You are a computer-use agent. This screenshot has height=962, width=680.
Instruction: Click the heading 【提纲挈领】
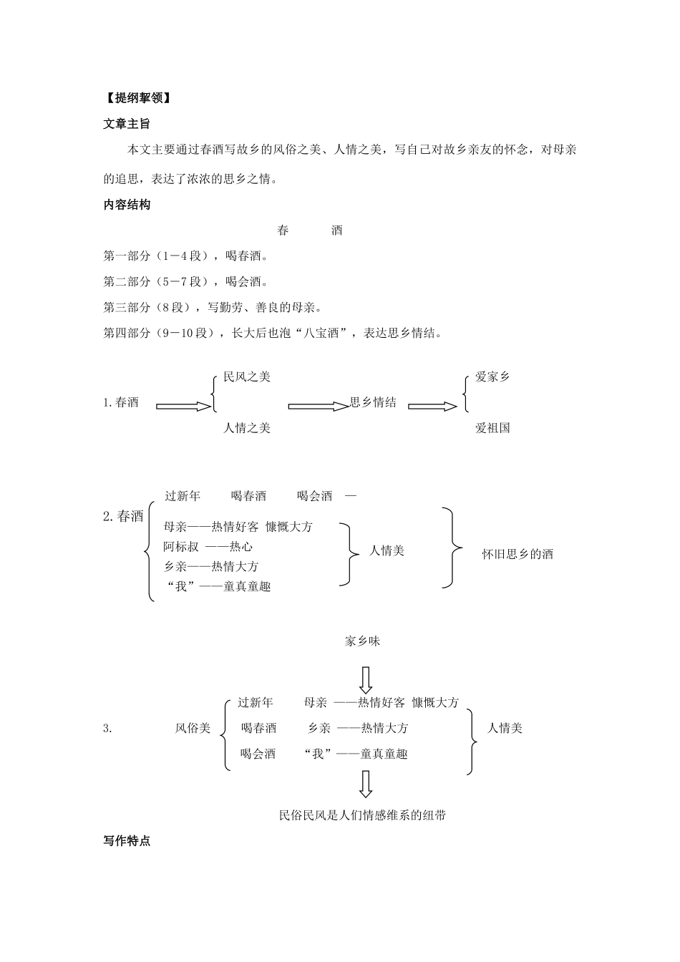point(136,98)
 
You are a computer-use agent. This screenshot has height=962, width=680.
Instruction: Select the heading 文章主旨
point(127,124)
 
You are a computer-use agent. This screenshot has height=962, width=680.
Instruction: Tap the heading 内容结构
point(127,205)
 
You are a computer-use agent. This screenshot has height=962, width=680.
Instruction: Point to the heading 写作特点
point(127,841)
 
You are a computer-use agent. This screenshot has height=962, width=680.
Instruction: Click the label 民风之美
point(247,376)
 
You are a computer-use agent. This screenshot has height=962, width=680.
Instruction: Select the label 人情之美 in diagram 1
point(247,427)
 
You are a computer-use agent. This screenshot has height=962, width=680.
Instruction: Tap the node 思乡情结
point(373,402)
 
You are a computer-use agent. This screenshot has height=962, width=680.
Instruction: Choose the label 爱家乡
point(492,376)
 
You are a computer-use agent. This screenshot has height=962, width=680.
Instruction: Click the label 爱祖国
point(492,427)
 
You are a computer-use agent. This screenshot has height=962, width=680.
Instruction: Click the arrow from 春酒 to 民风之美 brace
point(184,406)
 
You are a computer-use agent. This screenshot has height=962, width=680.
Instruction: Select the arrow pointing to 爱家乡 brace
point(432,406)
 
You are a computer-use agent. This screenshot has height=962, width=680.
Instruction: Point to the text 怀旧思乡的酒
point(517,553)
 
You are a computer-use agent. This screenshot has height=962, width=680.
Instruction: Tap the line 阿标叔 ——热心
point(208,547)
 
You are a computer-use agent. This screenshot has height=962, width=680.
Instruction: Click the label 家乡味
point(363,641)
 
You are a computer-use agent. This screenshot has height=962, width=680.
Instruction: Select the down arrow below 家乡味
point(366,679)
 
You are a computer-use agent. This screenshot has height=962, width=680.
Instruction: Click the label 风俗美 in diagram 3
point(193,728)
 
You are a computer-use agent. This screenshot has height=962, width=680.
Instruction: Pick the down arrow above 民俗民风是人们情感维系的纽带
point(366,784)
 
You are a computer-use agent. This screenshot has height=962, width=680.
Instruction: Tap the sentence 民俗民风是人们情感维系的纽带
point(363,815)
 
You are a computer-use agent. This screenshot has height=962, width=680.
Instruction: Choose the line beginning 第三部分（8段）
point(212,307)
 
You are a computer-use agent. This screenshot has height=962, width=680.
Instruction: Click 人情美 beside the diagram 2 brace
point(387,550)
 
